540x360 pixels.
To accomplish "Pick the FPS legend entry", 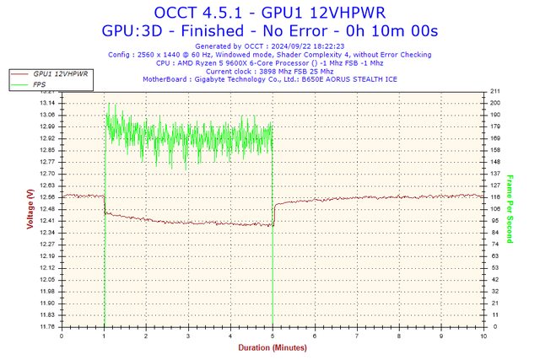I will tap(40, 84).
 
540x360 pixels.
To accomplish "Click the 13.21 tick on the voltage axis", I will tap(48, 91).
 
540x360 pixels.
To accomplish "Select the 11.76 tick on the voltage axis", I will tap(48, 326).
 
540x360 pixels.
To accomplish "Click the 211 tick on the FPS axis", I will tap(495, 91).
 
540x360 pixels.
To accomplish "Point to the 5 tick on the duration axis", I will tap(273, 335).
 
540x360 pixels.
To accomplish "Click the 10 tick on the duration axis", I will tap(483, 335).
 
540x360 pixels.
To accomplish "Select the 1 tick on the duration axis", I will tap(104, 335).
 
